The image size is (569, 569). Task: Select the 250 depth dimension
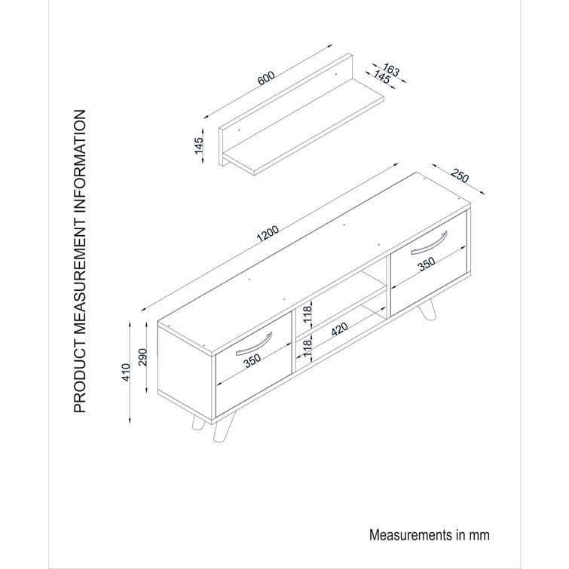pos(459,179)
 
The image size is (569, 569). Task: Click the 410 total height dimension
pos(127,372)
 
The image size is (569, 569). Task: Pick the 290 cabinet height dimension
pos(142,354)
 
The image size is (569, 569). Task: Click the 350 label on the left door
pos(253,361)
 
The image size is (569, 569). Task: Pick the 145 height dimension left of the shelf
pos(200,145)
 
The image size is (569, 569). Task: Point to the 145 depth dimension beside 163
pos(380,78)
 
